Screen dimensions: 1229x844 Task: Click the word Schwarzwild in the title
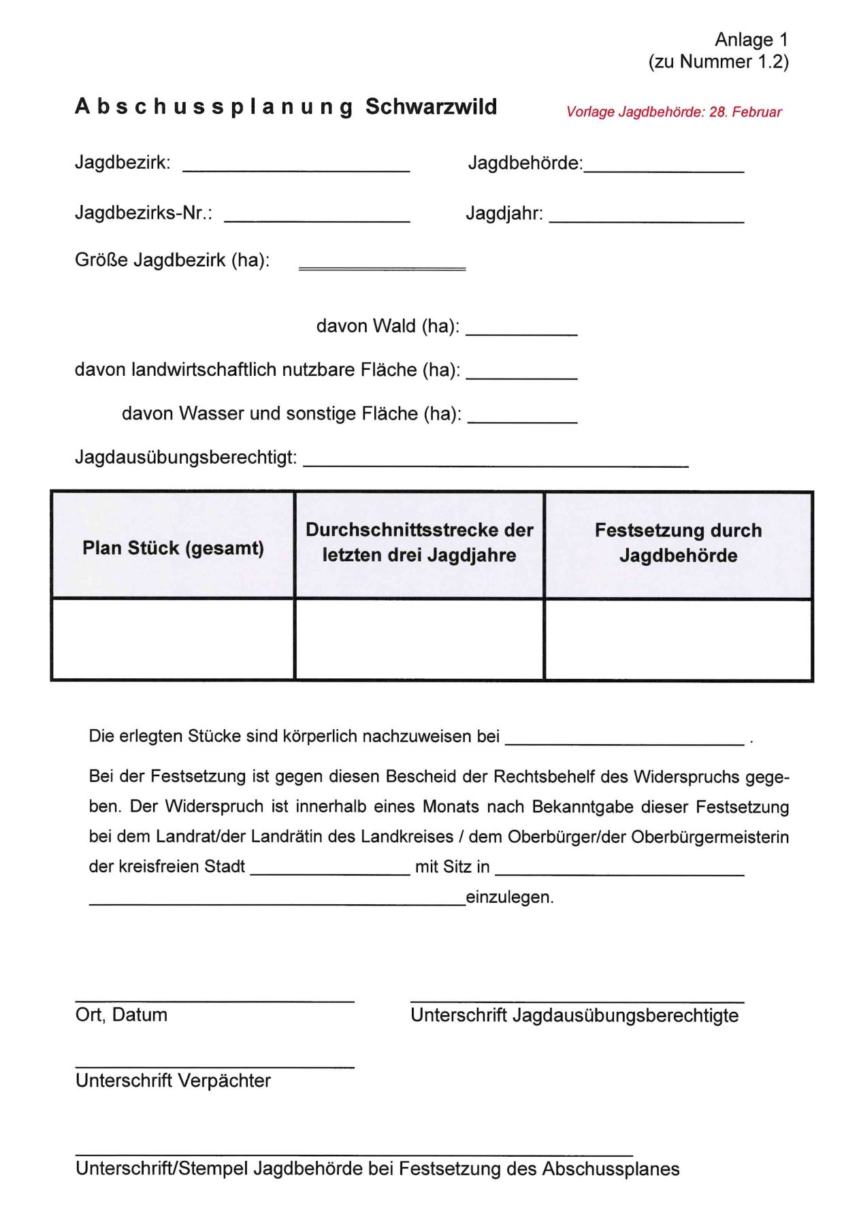pyautogui.click(x=431, y=107)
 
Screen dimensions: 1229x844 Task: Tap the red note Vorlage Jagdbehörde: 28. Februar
pyautogui.click(x=674, y=112)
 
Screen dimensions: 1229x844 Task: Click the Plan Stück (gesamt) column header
pyautogui.click(x=173, y=547)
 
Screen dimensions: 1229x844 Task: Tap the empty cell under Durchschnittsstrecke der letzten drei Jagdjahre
pyautogui.click(x=419, y=639)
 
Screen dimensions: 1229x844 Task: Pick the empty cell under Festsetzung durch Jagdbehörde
pyautogui.click(x=678, y=639)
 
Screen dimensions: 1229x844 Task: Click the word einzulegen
pyautogui.click(x=509, y=897)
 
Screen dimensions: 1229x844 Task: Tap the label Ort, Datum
pyautogui.click(x=121, y=1015)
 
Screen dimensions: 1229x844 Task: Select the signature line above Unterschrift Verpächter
pyautogui.click(x=214, y=1066)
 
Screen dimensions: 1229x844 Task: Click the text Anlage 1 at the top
pyautogui.click(x=751, y=39)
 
